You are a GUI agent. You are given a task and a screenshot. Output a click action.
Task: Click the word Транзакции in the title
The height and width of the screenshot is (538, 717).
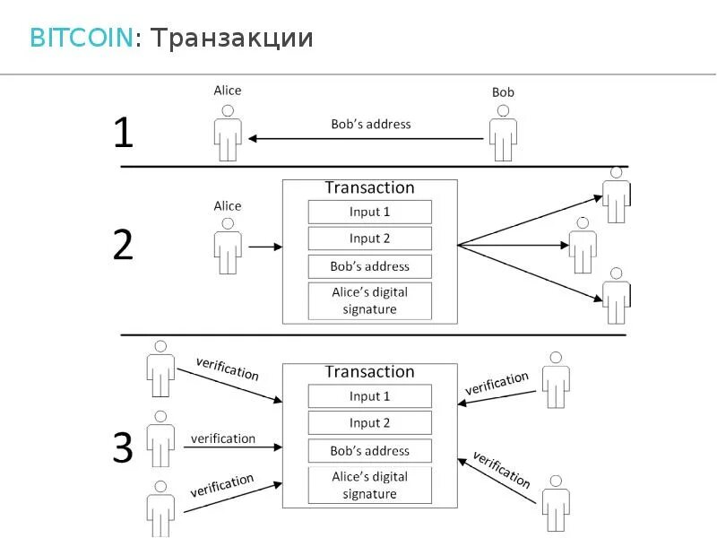click(231, 38)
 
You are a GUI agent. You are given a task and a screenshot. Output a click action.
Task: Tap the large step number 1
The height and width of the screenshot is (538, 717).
click(123, 134)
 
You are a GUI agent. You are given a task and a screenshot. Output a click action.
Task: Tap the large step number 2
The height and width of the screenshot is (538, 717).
click(123, 244)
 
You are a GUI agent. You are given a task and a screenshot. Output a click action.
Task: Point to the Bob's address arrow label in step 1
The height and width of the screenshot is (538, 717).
click(370, 124)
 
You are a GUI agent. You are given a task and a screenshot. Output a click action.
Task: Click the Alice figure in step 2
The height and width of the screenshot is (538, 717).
click(228, 247)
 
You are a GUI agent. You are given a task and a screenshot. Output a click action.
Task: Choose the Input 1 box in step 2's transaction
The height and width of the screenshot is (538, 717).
click(369, 213)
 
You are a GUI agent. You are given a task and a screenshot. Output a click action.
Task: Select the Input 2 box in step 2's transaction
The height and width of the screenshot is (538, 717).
click(369, 239)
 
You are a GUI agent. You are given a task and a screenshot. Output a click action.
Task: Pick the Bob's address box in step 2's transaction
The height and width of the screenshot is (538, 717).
click(369, 266)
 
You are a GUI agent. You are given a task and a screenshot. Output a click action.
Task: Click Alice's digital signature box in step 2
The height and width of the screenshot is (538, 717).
click(369, 301)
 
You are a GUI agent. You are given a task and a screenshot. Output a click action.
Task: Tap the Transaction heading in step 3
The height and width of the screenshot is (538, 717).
click(369, 371)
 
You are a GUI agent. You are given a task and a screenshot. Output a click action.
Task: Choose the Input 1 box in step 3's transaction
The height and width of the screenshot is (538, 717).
click(369, 396)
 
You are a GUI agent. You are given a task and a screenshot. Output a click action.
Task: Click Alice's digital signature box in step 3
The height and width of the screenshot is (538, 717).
click(369, 485)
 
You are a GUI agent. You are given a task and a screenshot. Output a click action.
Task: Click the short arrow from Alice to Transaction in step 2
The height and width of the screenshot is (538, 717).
click(264, 246)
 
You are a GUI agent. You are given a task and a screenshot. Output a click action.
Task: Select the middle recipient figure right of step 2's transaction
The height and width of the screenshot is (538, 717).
click(583, 246)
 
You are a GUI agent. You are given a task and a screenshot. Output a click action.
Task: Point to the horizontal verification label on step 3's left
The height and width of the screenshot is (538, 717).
click(223, 438)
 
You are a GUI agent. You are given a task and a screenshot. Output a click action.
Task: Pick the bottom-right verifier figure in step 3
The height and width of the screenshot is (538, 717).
click(556, 504)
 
